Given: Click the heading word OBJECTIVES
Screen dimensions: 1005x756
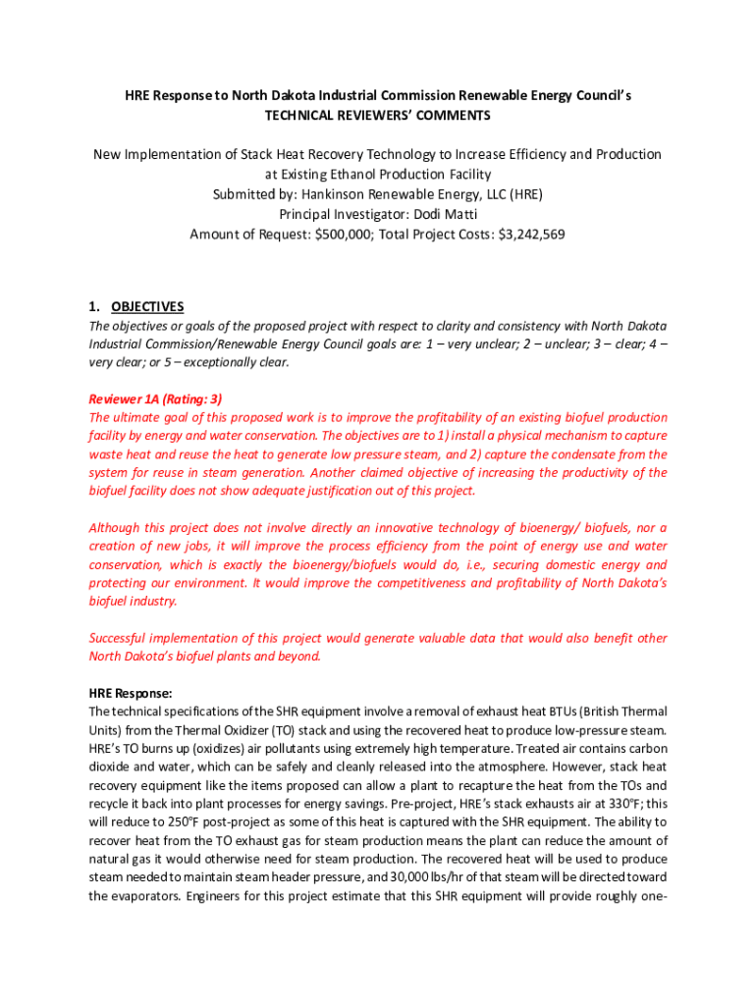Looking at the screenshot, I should [147, 307].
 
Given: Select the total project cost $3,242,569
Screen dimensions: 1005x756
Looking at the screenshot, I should [531, 235].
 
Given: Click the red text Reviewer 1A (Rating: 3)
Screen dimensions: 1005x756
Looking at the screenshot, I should [155, 398].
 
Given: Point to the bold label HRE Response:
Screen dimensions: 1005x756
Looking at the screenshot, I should [131, 693].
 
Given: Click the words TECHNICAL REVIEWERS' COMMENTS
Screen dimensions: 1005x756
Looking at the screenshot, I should [378, 116].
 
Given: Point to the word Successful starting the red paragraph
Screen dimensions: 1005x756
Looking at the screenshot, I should [121, 638].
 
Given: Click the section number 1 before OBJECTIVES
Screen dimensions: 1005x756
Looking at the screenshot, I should [92, 307].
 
